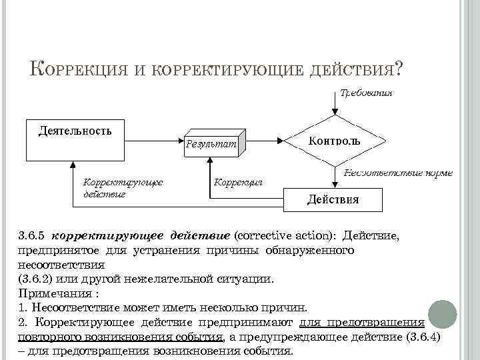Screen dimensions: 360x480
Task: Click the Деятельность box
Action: click(x=74, y=139)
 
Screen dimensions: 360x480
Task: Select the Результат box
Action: click(x=211, y=144)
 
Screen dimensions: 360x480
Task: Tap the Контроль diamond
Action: click(x=335, y=141)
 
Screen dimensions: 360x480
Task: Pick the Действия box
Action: click(x=333, y=199)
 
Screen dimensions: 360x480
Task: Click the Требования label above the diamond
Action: click(x=365, y=93)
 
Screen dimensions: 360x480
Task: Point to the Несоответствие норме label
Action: click(x=397, y=173)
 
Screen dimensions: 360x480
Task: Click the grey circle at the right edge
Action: click(x=441, y=314)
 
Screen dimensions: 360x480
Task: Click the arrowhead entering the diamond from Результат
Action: click(x=288, y=141)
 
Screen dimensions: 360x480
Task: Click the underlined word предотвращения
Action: click(x=383, y=323)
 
